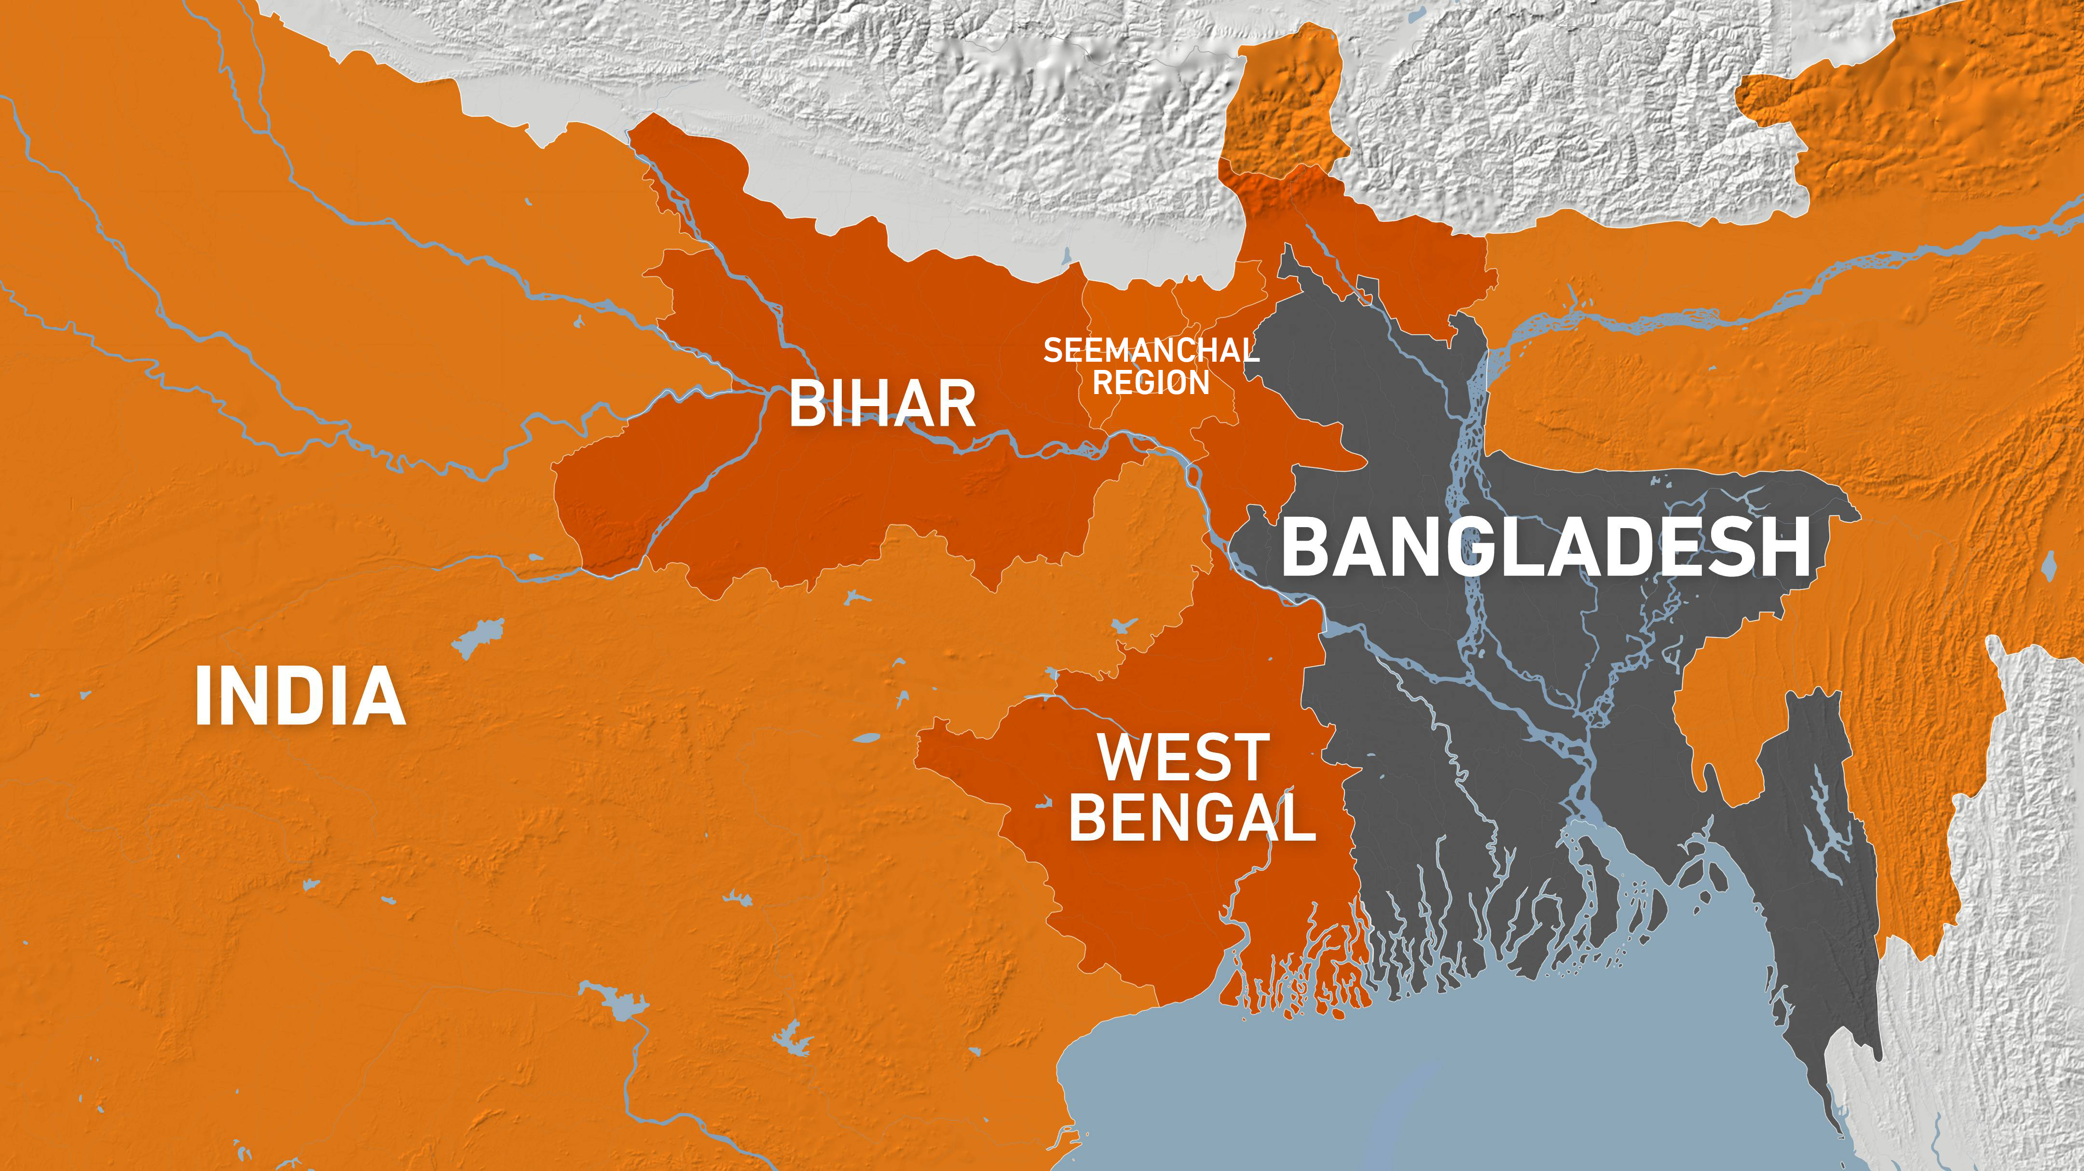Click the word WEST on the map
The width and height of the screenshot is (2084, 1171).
1183,758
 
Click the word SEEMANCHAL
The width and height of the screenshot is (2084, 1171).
1151,350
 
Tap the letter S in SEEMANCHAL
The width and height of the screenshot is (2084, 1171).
1053,350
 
